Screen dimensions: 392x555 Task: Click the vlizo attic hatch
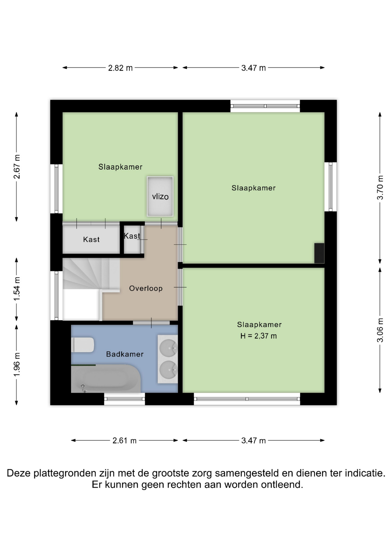[x=160, y=196]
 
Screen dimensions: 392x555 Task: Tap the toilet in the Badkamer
[x=83, y=345]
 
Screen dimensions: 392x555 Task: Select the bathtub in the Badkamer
[x=106, y=379]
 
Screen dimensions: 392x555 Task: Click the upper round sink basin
[x=168, y=347]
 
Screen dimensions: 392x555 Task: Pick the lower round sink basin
[x=168, y=370]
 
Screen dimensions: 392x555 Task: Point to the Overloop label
[x=146, y=288]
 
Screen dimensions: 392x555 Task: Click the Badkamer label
[x=125, y=354]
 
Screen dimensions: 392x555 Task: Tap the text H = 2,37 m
[x=259, y=336]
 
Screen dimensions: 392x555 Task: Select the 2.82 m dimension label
[x=120, y=68]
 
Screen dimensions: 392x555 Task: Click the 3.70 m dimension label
[x=380, y=187]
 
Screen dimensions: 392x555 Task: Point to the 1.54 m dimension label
[x=17, y=288]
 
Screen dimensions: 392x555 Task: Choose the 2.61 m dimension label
[x=124, y=441]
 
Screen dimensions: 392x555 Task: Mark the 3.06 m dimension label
[x=380, y=330]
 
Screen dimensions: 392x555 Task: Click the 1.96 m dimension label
[x=17, y=365]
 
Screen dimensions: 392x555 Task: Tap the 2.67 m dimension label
[x=17, y=166]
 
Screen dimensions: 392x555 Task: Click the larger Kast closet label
[x=91, y=239]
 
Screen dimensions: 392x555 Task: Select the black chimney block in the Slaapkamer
[x=319, y=253]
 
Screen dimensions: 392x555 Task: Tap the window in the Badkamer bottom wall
[x=124, y=399]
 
